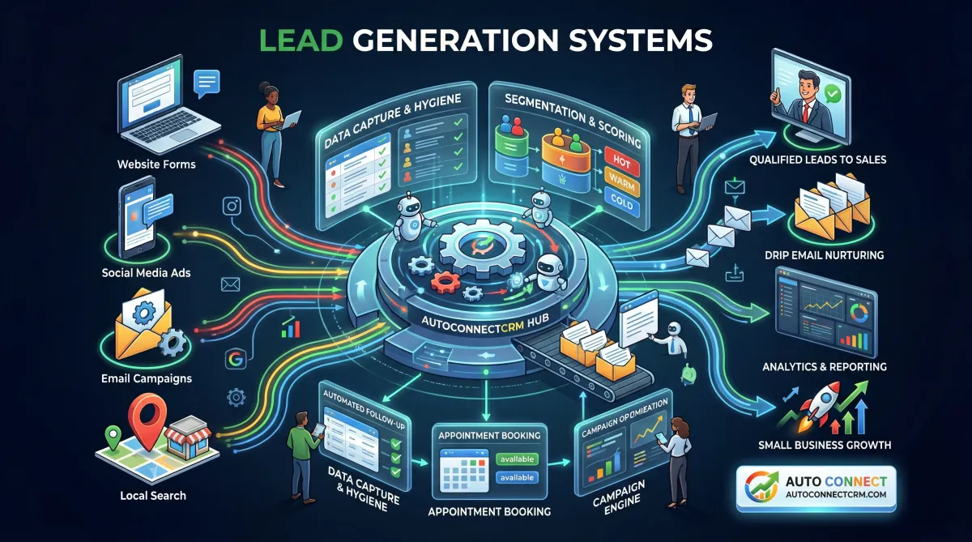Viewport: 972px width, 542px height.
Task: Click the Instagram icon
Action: coord(232,207)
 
